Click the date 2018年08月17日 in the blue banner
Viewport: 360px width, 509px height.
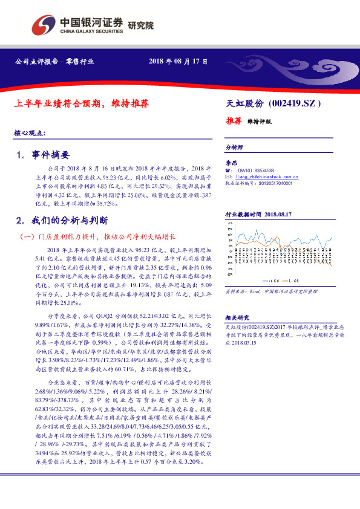point(178,62)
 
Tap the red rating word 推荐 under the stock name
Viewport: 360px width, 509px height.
point(234,121)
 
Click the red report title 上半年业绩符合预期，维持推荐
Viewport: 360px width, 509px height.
point(81,103)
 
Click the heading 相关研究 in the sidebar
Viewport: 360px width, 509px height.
point(235,317)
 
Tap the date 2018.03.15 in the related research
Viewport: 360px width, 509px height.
point(241,342)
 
